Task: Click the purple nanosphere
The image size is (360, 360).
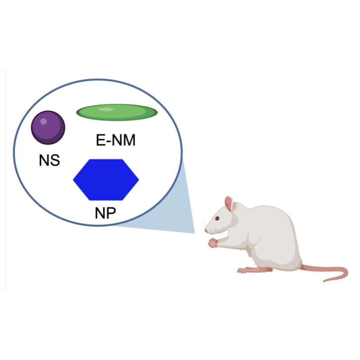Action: [48, 128]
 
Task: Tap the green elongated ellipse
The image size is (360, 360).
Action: [117, 112]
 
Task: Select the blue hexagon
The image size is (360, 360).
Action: [106, 180]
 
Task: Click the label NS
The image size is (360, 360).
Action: [49, 160]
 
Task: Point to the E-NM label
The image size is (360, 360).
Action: [116, 140]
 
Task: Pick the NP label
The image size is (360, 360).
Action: [105, 213]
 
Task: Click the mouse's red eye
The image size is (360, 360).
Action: [217, 218]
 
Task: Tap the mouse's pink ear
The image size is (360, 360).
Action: [229, 204]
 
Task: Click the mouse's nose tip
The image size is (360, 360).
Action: [206, 231]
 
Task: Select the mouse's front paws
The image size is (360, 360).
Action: [213, 243]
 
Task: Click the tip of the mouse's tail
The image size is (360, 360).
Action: [324, 281]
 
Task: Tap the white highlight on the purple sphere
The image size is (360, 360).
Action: [43, 121]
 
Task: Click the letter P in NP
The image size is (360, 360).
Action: [111, 213]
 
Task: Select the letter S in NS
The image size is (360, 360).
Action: [55, 160]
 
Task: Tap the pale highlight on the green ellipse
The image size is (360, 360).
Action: [106, 109]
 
